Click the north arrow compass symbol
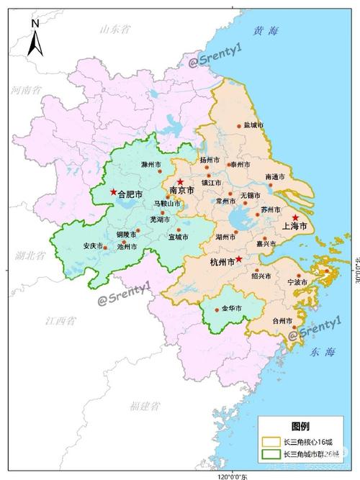click(35, 37)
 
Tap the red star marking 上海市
click(295, 217)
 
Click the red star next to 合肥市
click(113, 192)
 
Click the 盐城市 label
click(253, 124)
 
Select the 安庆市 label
click(94, 245)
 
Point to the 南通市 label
click(275, 176)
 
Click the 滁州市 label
click(153, 165)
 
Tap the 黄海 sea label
click(265, 32)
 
